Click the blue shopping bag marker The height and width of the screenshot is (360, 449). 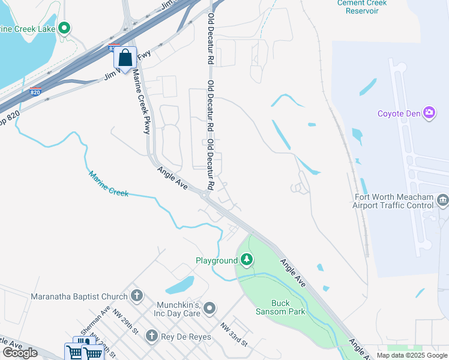pos(125,58)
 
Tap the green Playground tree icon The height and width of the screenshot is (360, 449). pos(247,260)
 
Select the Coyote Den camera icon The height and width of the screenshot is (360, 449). pos(429,112)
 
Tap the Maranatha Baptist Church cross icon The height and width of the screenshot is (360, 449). pos(137,296)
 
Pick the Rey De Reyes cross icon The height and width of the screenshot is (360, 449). pos(152,337)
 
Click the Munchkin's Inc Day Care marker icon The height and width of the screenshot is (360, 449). pos(209,308)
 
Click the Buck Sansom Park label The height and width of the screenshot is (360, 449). pos(288,307)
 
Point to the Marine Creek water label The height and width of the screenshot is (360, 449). pos(109,184)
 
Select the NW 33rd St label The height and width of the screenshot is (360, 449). pos(234,334)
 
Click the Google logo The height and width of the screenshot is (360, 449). pos(20,352)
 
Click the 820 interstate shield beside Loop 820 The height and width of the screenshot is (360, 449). pos(35,92)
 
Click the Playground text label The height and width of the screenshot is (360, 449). pos(217,260)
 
